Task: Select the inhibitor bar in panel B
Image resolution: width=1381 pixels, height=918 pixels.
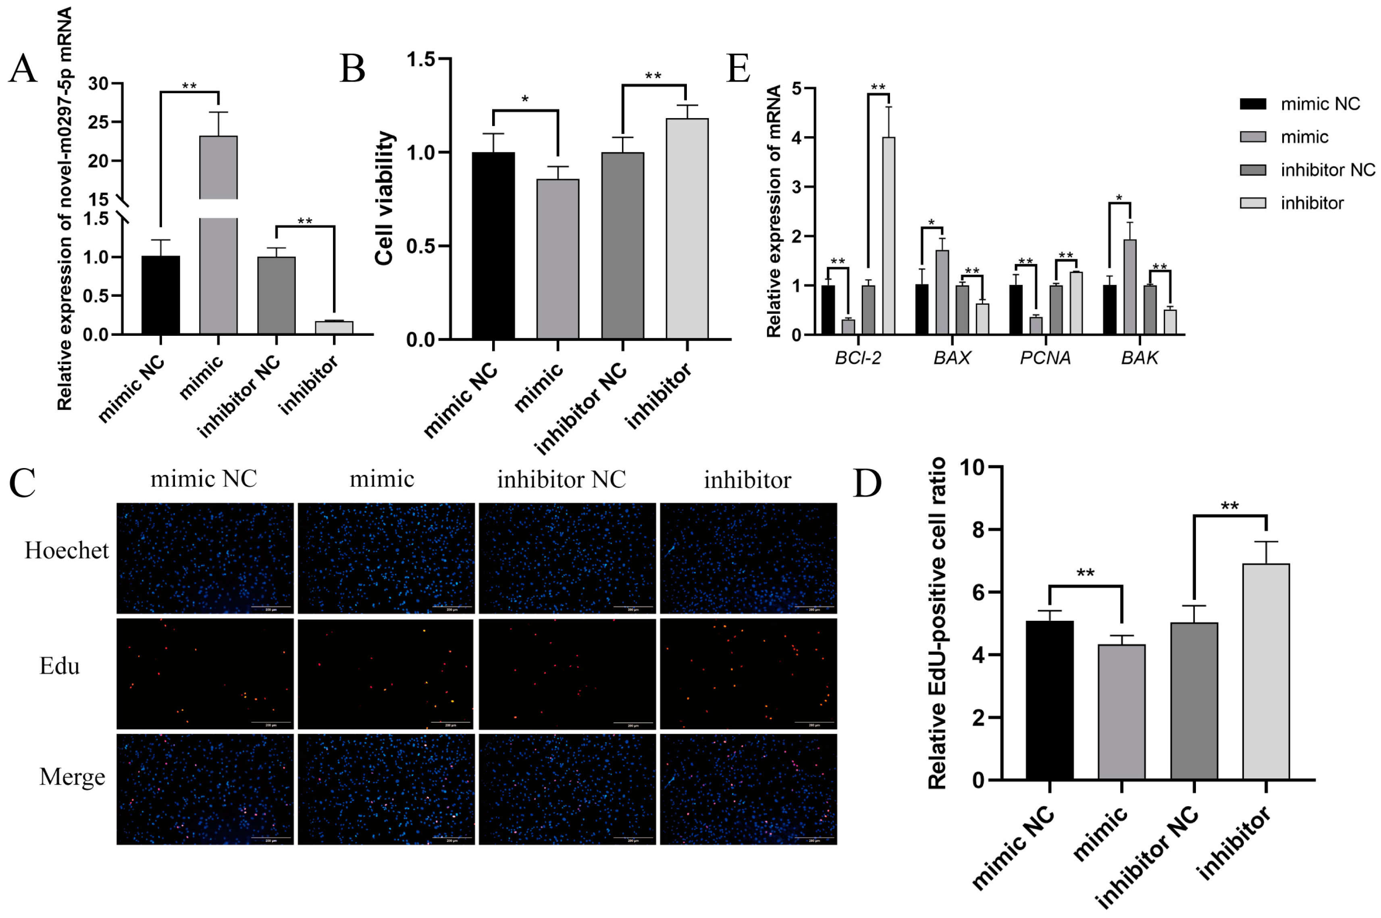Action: (x=687, y=228)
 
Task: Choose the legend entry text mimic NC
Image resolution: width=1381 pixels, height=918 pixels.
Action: (x=1320, y=104)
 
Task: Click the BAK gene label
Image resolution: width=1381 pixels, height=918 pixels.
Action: (x=1139, y=358)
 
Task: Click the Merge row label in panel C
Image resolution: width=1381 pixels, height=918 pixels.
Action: (x=72, y=777)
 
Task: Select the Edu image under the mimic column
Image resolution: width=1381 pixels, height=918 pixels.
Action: (x=385, y=673)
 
